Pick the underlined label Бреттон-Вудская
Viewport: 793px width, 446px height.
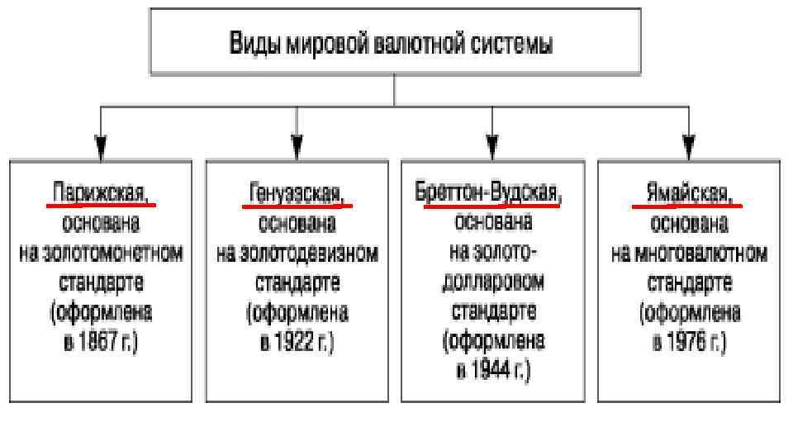(x=491, y=193)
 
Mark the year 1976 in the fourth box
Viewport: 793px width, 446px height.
(x=687, y=342)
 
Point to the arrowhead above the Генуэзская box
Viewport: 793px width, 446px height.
(x=297, y=146)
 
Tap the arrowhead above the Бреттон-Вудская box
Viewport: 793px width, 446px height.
(x=492, y=146)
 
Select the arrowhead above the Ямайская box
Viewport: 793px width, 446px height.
(x=688, y=146)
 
